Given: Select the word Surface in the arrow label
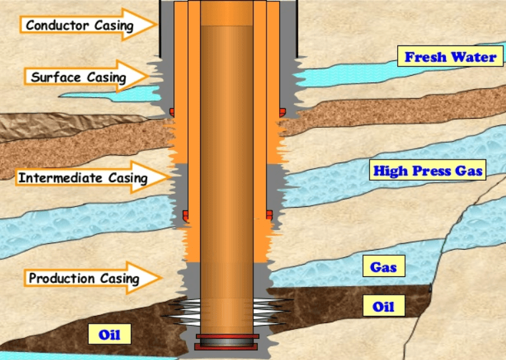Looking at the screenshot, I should (x=52, y=77).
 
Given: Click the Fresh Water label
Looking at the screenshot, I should (x=450, y=57).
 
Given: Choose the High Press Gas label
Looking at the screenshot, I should (x=428, y=171).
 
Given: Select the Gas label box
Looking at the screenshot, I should (x=383, y=267).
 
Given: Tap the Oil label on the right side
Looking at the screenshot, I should (x=383, y=307).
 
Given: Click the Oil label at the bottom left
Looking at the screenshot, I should (x=109, y=334).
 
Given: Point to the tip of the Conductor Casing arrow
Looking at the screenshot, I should (x=157, y=25).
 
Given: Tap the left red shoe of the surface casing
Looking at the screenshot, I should (x=172, y=111).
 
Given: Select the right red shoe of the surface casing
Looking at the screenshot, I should (x=282, y=111).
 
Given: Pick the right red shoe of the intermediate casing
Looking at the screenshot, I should (x=269, y=214).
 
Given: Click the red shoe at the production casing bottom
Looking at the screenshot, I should (x=227, y=344).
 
